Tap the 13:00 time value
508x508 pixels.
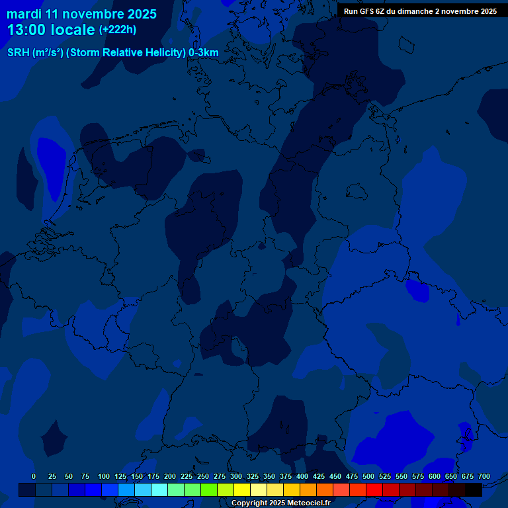(x=30, y=30)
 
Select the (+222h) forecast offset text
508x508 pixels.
(x=118, y=30)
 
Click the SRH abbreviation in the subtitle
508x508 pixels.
(x=19, y=53)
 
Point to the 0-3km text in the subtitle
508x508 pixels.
(x=204, y=53)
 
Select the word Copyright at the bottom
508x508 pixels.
(x=249, y=503)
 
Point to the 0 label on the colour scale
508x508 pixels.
(x=34, y=476)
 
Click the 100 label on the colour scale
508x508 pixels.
(x=104, y=476)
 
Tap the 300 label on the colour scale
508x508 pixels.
(x=236, y=476)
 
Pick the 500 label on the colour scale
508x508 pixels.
(x=368, y=476)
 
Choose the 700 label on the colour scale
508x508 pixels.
(x=484, y=476)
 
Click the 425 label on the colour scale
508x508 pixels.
(x=319, y=476)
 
